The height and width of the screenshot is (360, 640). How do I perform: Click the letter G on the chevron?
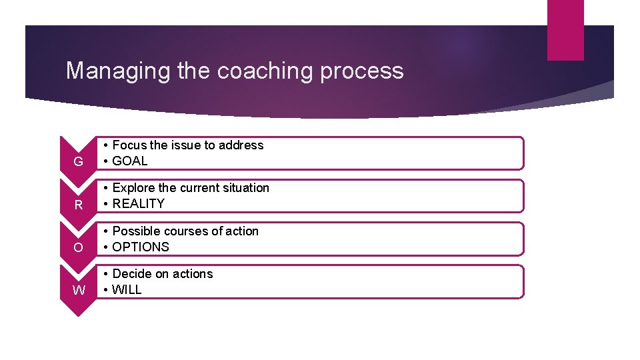[79, 162]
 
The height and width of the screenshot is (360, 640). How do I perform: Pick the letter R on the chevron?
[79, 205]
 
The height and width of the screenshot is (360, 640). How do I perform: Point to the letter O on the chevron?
[79, 248]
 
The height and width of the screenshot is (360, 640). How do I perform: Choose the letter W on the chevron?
[79, 291]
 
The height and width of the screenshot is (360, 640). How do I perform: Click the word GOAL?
[130, 161]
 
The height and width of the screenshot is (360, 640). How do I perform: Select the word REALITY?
[138, 203]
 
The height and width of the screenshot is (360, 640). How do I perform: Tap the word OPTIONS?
[141, 247]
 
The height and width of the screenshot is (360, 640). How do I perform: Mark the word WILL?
[127, 289]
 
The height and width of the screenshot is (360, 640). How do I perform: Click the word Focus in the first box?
[129, 145]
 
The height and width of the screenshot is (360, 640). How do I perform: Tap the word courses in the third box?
[189, 231]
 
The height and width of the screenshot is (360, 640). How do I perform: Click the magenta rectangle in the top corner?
[565, 30]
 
